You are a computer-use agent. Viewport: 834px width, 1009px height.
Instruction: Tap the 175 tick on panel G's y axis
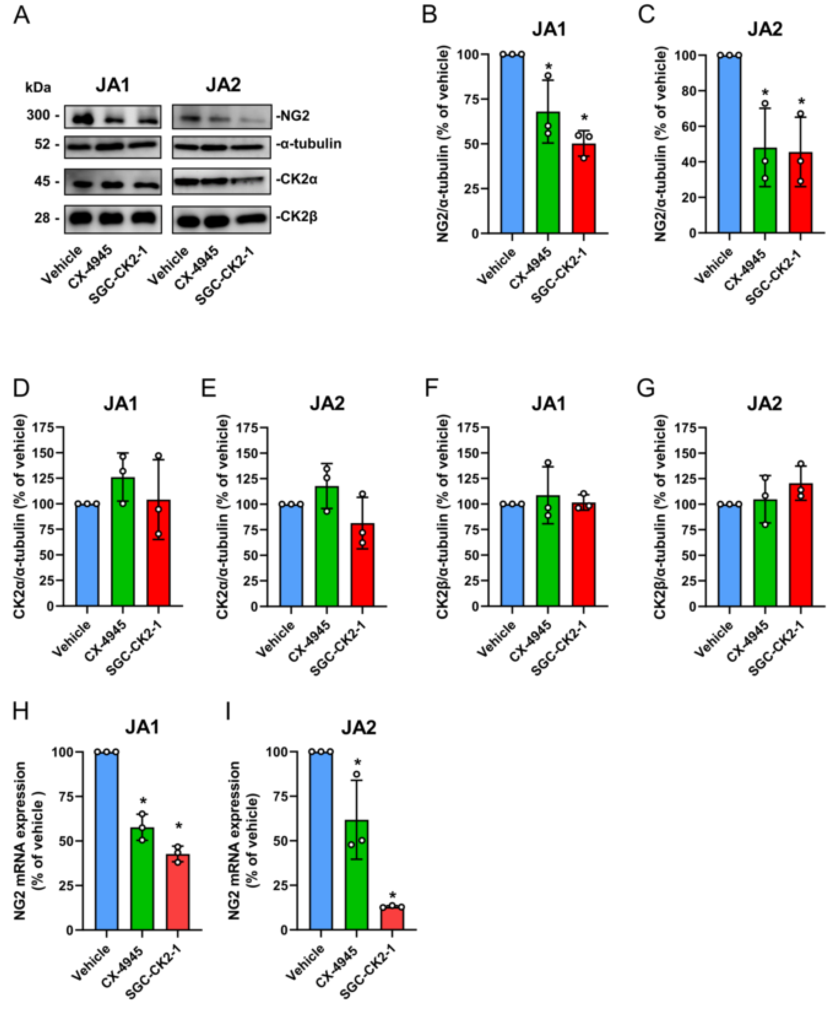pyautogui.click(x=681, y=428)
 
